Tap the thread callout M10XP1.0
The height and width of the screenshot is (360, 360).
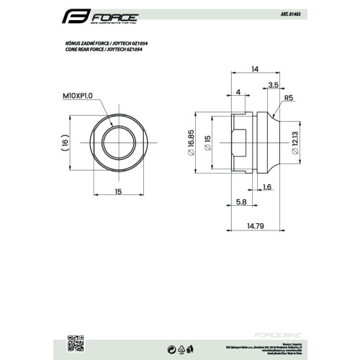(76, 96)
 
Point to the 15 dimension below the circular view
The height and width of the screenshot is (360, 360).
(117, 192)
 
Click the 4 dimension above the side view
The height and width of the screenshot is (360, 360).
(238, 92)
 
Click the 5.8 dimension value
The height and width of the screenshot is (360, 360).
(240, 202)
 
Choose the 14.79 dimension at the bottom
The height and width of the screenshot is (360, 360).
(254, 225)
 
